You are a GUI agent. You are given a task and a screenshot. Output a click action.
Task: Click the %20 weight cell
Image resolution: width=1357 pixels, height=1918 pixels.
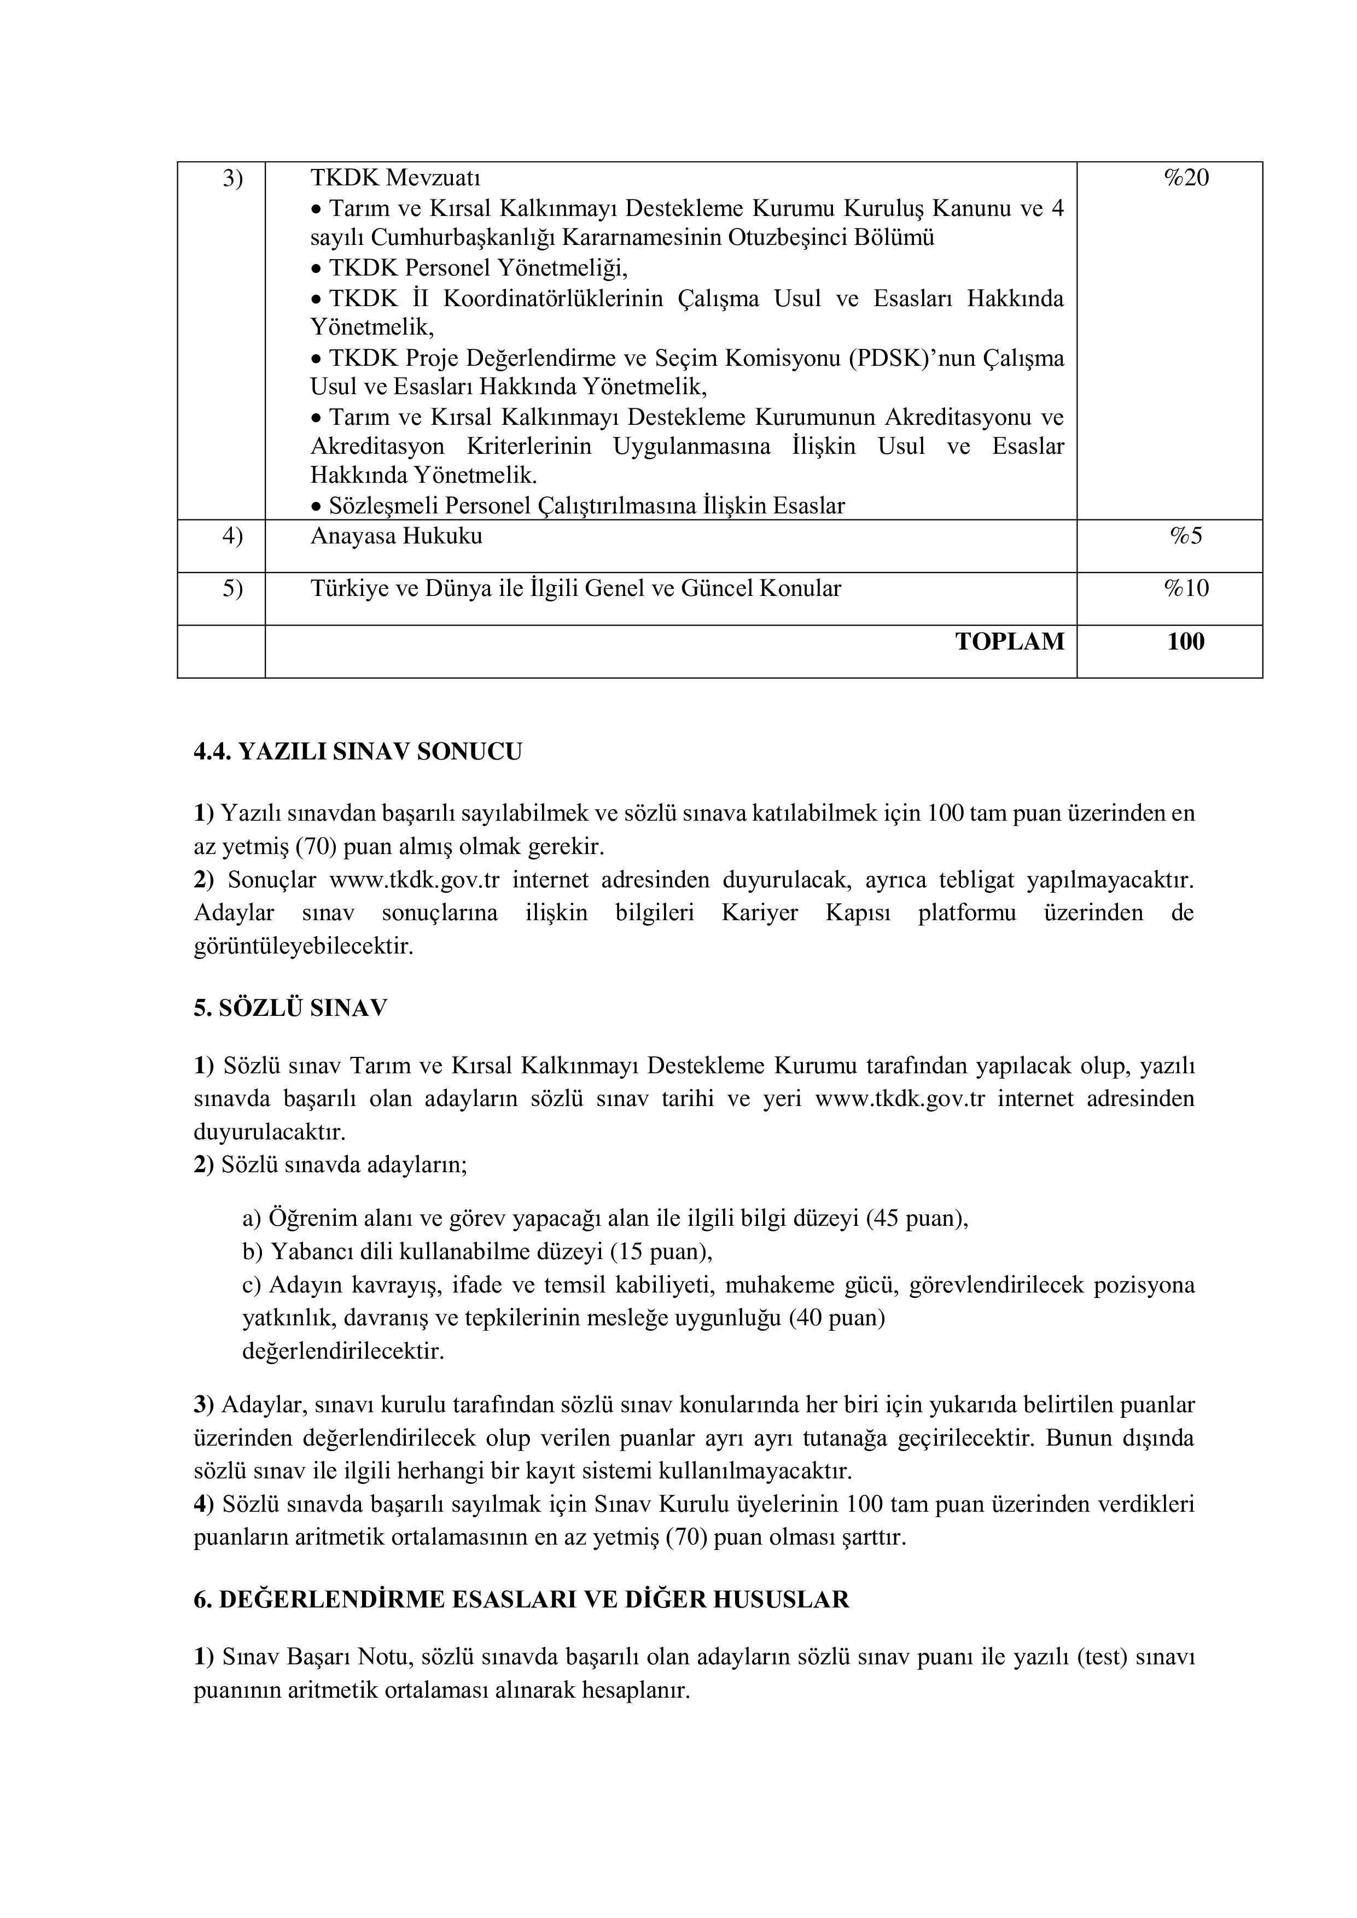[x=1186, y=178]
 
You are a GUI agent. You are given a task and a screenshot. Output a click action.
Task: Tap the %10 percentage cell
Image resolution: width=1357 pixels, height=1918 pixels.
[x=1186, y=589]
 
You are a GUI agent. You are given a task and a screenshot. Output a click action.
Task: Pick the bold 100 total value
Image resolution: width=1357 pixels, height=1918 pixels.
[x=1186, y=641]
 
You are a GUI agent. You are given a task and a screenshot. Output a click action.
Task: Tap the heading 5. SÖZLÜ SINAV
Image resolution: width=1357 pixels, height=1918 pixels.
[x=291, y=1008]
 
